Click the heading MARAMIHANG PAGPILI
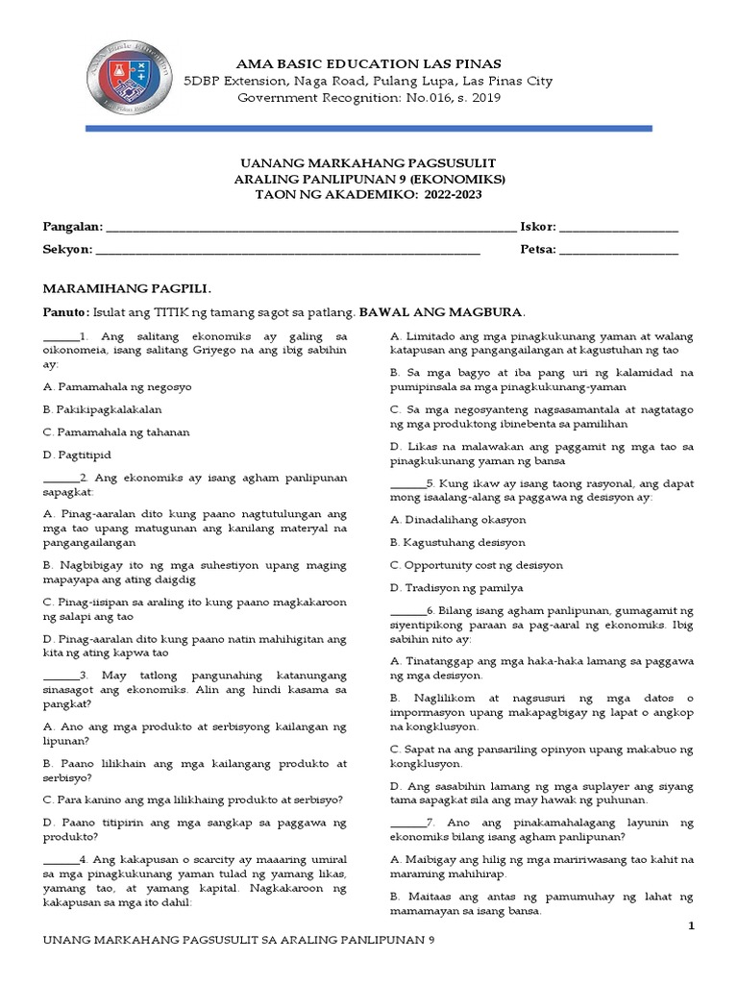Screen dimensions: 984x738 pos(127,288)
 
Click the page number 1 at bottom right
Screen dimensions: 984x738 pos(690,924)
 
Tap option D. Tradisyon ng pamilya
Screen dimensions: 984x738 pos(456,587)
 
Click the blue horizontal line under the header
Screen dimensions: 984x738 pos(369,128)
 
